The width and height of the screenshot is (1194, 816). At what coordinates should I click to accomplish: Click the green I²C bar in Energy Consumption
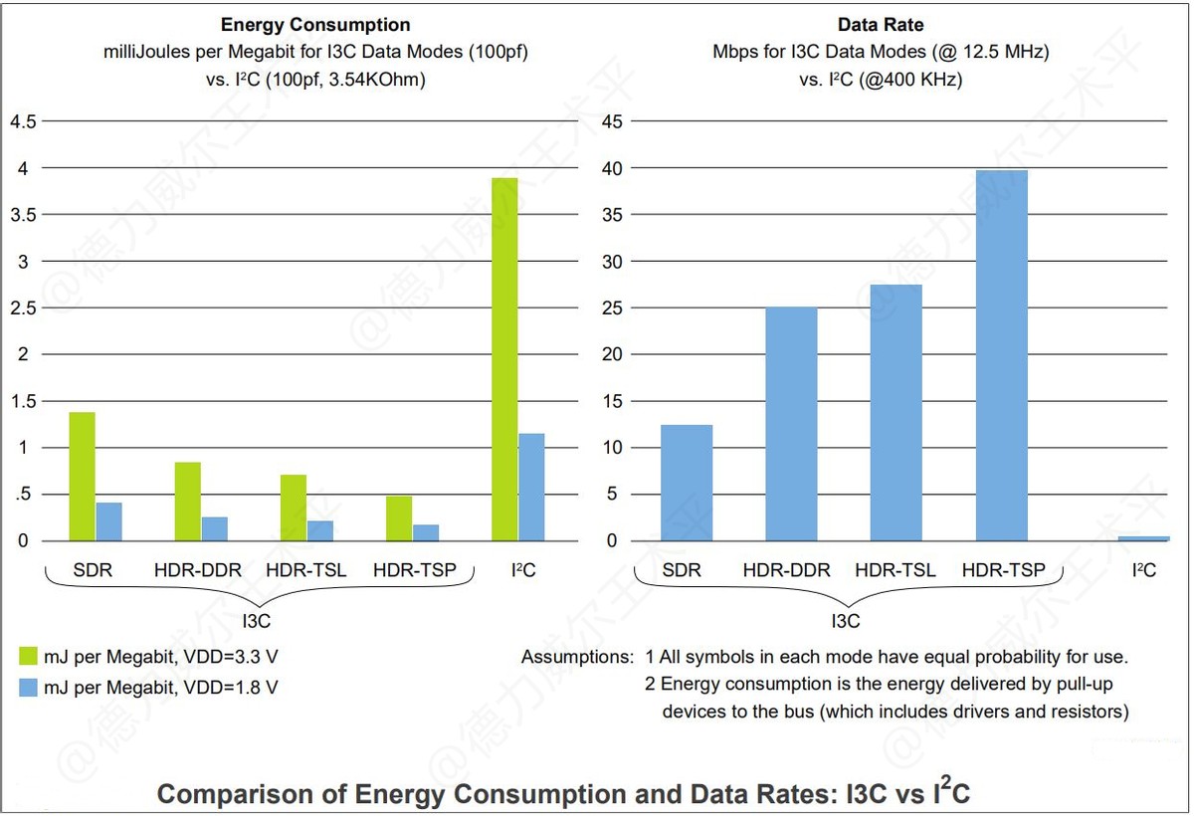tap(504, 359)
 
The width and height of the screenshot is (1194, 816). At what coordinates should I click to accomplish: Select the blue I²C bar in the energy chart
tap(531, 488)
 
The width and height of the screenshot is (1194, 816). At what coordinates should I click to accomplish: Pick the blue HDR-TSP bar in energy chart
tap(426, 532)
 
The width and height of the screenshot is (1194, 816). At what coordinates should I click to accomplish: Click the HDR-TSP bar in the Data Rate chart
tap(1002, 355)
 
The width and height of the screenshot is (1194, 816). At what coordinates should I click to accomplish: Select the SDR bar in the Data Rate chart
tap(687, 483)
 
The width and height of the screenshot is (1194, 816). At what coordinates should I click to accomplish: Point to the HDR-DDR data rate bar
tap(791, 424)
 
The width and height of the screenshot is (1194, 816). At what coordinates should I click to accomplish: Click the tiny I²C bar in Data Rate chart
tap(1143, 538)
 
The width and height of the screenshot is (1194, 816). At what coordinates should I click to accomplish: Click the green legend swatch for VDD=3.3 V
tap(28, 656)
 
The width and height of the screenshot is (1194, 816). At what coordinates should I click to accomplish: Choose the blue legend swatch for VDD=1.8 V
tap(28, 687)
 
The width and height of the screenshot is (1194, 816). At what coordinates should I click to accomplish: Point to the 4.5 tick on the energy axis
tap(23, 121)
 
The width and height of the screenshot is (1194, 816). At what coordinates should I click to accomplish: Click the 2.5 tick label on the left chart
tap(23, 308)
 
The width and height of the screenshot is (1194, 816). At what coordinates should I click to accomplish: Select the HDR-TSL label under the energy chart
tap(306, 570)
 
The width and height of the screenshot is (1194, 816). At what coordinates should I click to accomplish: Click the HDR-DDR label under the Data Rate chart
tap(786, 570)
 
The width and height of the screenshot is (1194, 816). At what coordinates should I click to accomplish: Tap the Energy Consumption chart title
tap(314, 25)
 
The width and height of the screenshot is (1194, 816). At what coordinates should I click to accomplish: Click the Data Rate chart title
tap(880, 25)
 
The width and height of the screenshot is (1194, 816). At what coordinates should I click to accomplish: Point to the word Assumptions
tap(576, 657)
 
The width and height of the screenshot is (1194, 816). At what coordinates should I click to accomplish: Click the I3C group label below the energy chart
tap(257, 621)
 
